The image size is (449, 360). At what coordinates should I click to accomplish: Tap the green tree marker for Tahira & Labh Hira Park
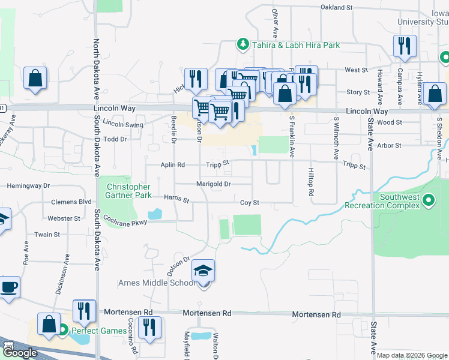tap(243, 44)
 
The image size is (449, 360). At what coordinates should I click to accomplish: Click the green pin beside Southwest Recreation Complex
tap(429, 200)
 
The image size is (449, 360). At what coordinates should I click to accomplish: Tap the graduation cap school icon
tap(203, 272)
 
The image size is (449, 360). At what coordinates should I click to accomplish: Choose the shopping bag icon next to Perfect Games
tap(49, 324)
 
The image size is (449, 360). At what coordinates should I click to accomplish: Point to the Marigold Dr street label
tap(214, 184)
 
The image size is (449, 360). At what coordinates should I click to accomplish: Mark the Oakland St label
tap(336, 7)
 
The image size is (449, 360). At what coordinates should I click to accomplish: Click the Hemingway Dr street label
tap(26, 187)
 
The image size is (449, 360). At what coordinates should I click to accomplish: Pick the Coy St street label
tap(249, 203)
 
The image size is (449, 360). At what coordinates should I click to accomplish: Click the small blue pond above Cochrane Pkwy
tap(155, 213)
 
